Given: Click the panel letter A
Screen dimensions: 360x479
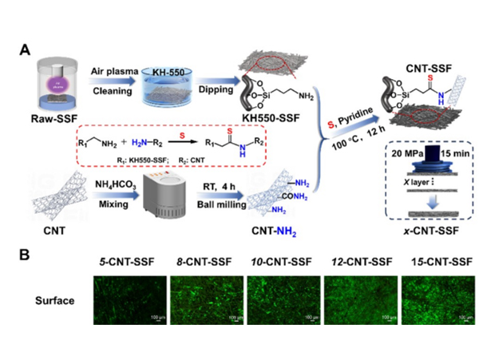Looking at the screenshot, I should (26, 50).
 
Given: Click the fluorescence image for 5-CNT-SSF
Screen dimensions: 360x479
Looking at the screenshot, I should (129, 299).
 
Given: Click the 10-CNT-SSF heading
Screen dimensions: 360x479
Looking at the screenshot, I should (281, 263).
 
